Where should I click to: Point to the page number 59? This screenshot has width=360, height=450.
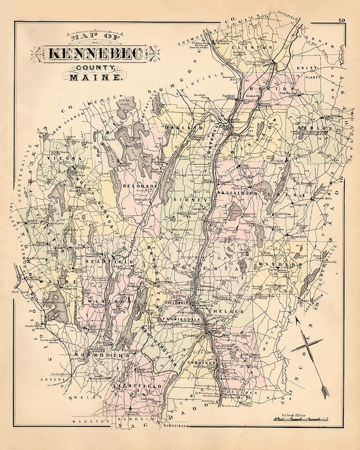coord(340,24)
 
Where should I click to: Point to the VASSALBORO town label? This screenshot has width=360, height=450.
coord(235,191)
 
